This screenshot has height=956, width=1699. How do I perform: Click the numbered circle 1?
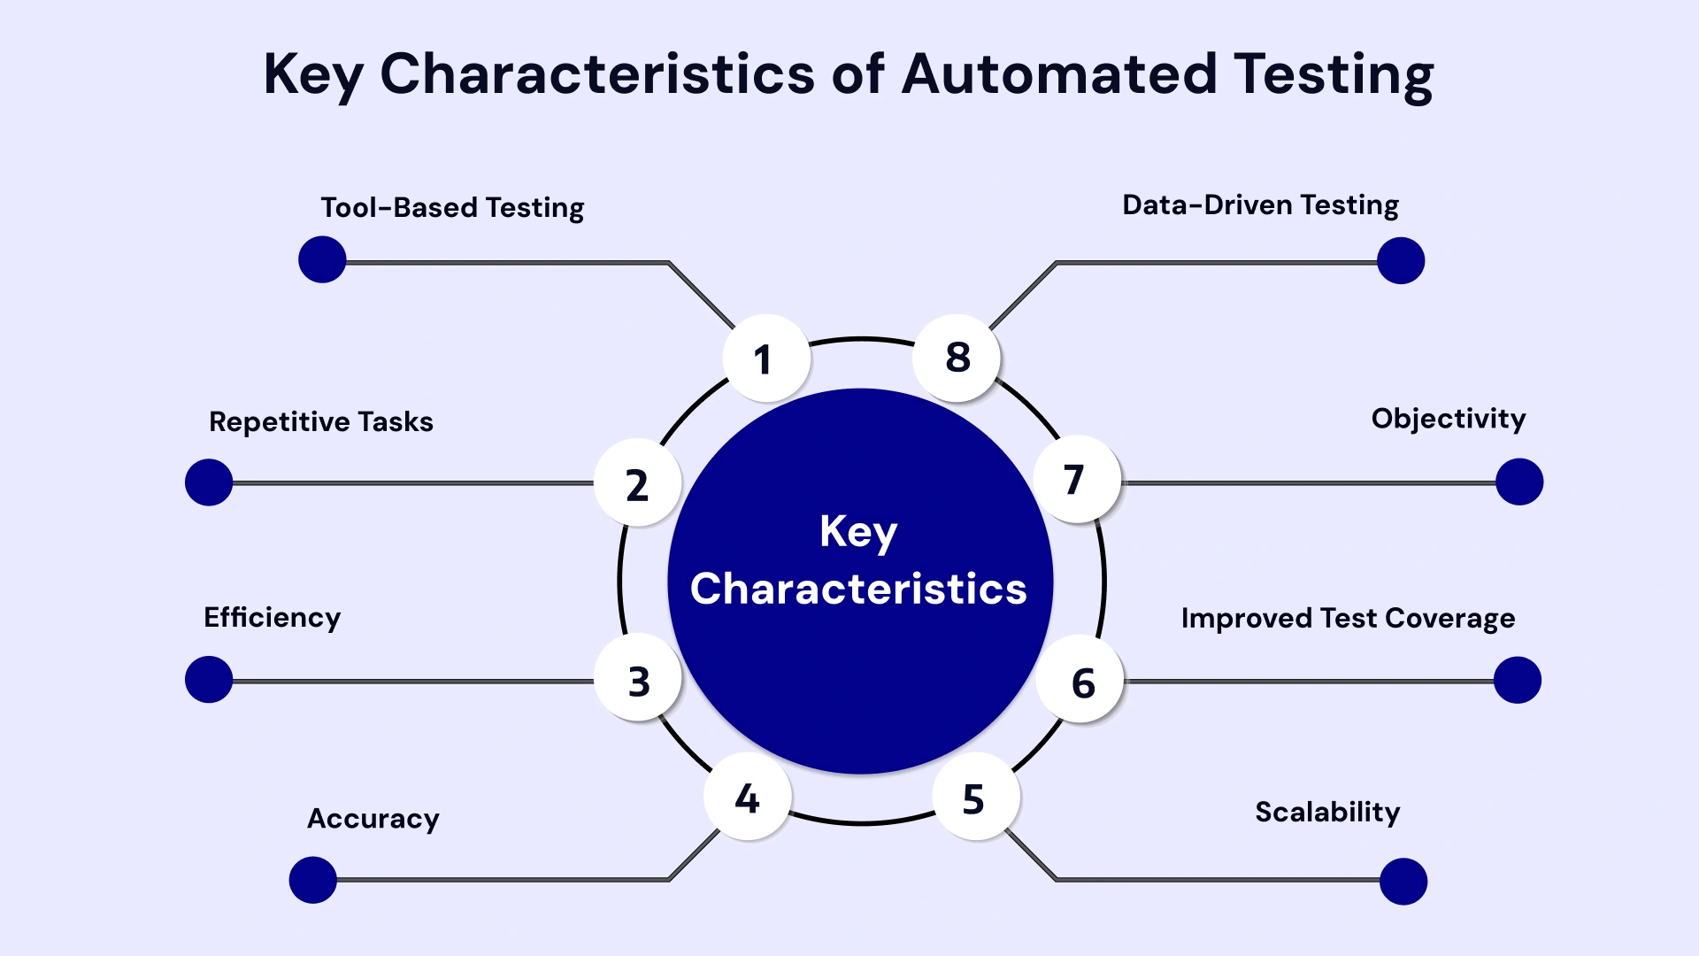coord(765,358)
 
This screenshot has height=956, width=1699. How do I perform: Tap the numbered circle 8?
coord(957,357)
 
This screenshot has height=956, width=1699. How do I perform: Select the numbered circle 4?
coord(748,797)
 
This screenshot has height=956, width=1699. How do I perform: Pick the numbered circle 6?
coord(1081,681)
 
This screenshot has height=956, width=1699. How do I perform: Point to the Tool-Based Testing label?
coord(452,208)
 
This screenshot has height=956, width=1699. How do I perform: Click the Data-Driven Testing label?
coord(1260,205)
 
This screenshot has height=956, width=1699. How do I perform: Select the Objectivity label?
coord(1448,419)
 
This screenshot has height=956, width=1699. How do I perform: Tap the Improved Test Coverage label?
coord(1348,618)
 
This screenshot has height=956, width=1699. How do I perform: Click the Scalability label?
coord(1327,812)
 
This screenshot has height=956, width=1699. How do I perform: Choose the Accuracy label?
coord(373,819)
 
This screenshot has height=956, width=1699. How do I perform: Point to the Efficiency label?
coord(272,617)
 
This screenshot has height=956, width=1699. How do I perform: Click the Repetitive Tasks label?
coord(321,421)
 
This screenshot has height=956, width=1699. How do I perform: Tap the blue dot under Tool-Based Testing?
coord(322,259)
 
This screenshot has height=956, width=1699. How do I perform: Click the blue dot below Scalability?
coord(1403,881)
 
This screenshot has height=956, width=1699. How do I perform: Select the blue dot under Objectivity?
coord(1519,482)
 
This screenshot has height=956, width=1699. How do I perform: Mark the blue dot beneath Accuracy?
coord(313,879)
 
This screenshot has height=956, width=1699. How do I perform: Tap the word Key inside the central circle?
coord(858,532)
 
